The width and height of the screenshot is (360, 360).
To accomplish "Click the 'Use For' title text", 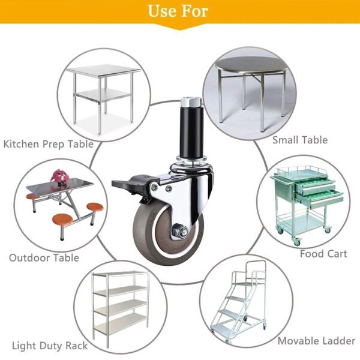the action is [178, 11].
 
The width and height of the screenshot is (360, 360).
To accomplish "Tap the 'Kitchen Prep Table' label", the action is [49, 144].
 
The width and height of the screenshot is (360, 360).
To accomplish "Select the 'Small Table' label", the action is [300, 140].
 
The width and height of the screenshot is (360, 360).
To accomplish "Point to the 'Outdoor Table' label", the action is [44, 257].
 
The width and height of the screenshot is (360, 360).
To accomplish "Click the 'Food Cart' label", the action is [323, 254].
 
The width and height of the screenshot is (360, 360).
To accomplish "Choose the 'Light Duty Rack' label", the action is [50, 346].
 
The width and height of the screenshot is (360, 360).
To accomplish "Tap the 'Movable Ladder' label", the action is [317, 341].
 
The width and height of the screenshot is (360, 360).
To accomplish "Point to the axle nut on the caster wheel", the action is [179, 230].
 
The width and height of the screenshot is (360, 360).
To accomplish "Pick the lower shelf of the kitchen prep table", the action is [102, 94].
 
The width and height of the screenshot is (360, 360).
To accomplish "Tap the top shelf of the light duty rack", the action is [121, 274].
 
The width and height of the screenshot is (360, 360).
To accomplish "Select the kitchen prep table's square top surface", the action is [104, 70].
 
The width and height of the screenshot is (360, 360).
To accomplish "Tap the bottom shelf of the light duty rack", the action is [121, 323].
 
